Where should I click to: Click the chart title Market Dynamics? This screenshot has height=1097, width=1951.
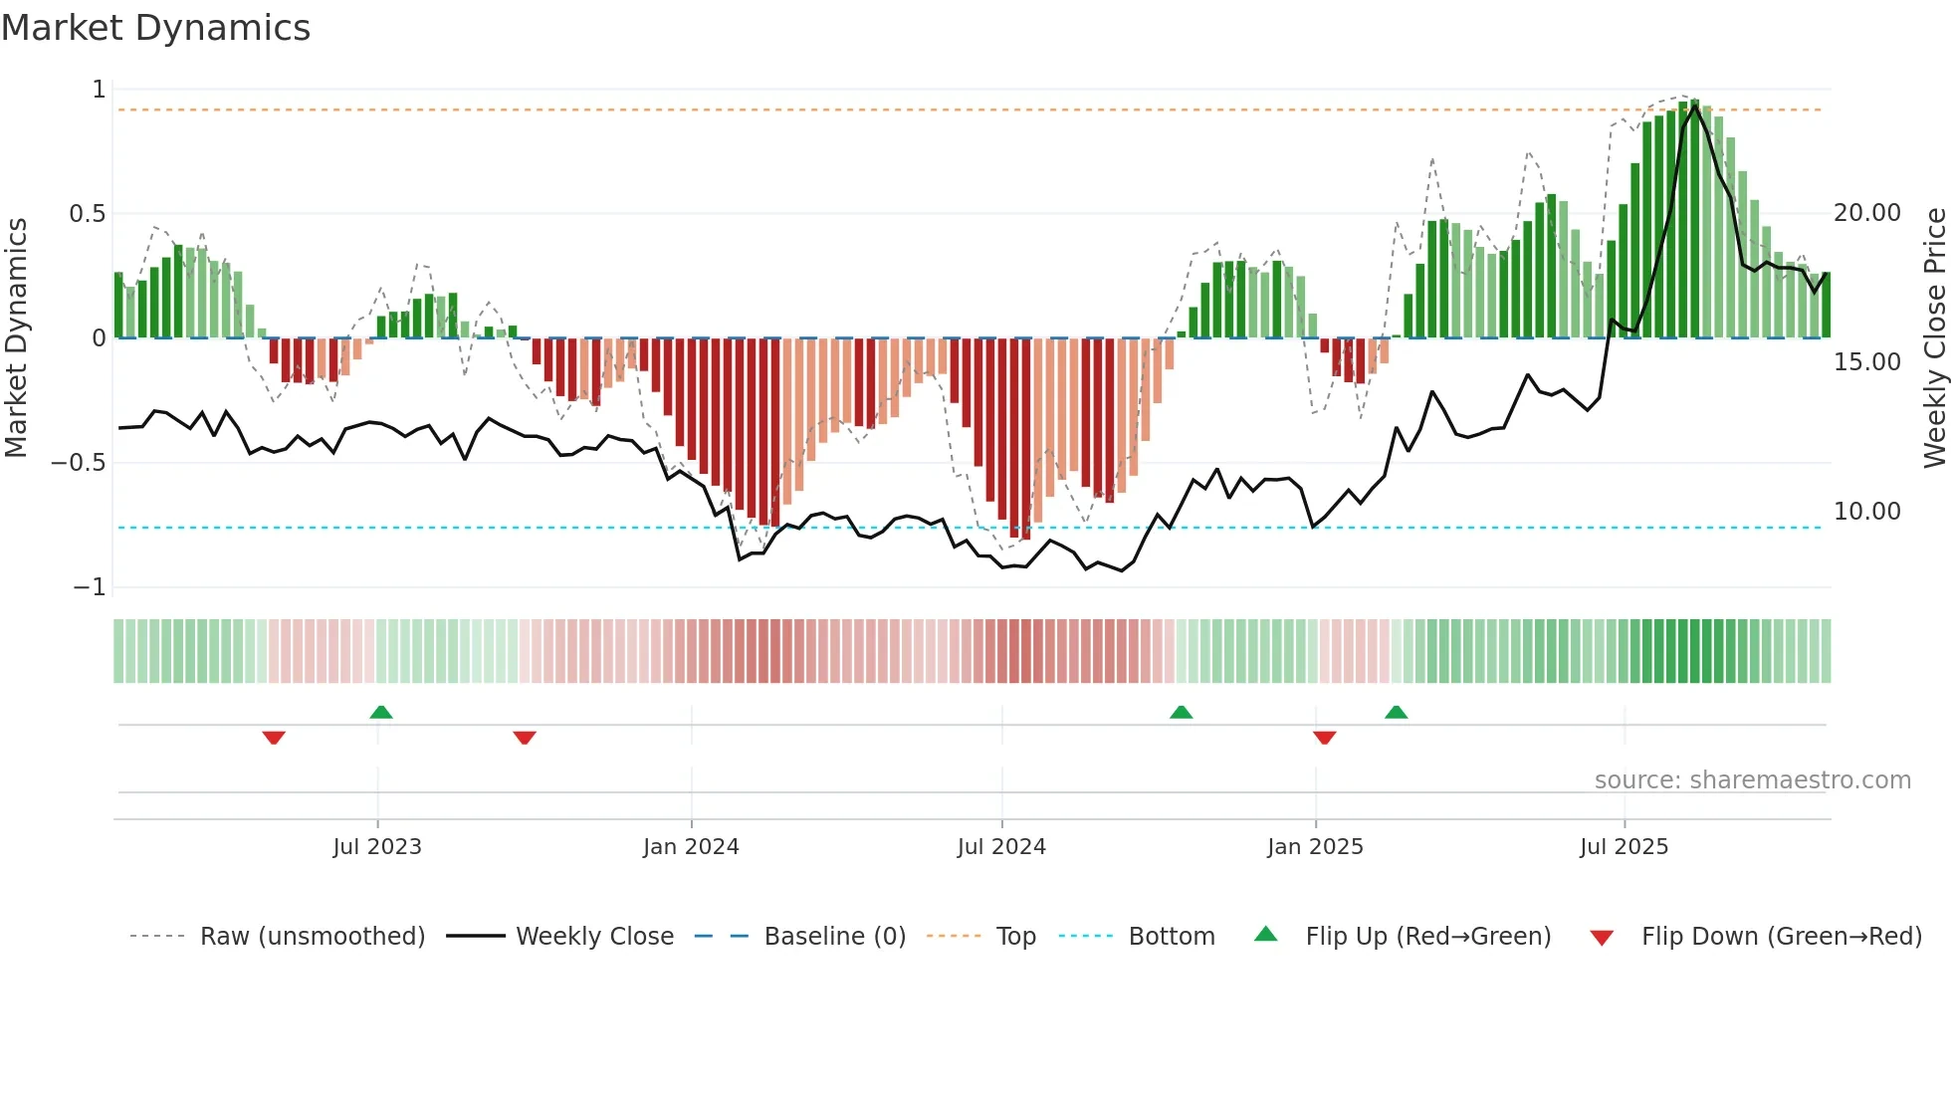155,28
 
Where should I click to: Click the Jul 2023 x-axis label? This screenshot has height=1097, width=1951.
377,847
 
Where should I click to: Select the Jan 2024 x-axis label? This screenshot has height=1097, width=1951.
691,847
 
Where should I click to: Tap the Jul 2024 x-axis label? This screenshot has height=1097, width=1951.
1001,847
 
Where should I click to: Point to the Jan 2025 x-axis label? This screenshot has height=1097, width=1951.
1315,847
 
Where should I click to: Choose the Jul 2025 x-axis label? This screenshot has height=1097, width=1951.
1624,847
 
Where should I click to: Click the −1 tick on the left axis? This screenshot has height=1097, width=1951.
90,587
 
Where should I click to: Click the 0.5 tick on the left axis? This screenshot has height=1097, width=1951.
87,214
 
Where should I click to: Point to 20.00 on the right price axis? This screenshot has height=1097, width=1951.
1867,213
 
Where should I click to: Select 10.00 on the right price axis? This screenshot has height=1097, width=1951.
1867,512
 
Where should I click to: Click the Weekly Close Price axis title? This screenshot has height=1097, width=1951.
1934,338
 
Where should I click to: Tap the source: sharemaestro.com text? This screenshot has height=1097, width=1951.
1752,780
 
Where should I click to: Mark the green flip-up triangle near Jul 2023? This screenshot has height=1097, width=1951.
381,712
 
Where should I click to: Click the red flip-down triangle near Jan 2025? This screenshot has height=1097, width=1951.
1324,738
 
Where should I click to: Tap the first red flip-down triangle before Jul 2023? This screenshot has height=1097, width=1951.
274,738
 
